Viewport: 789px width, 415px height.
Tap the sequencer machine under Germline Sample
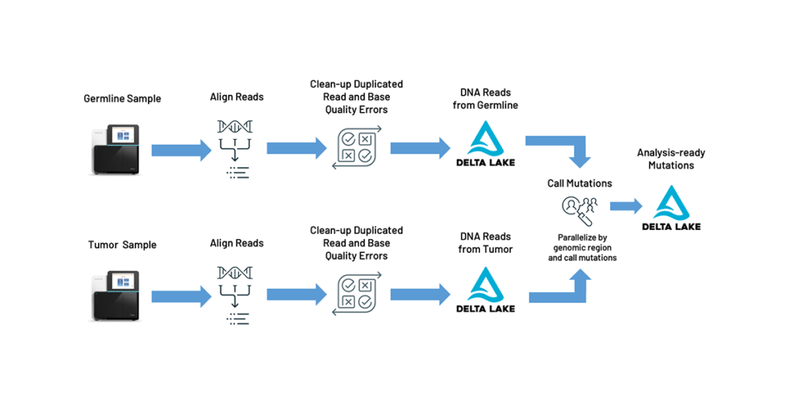point(116,149)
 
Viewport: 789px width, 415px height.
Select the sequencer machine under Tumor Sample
point(116,295)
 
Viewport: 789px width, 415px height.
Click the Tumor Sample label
point(122,245)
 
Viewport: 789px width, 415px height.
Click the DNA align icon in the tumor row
point(234,294)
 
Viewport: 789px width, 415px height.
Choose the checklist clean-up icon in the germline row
point(356,148)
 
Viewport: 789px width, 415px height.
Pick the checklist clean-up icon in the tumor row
point(356,294)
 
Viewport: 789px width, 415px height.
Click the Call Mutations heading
point(579,184)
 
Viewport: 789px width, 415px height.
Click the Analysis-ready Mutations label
point(670,159)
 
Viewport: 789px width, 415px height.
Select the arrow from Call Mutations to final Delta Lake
point(626,206)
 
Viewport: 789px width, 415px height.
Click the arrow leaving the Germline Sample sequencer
point(180,149)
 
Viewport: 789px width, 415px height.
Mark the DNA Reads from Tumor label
point(485,243)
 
